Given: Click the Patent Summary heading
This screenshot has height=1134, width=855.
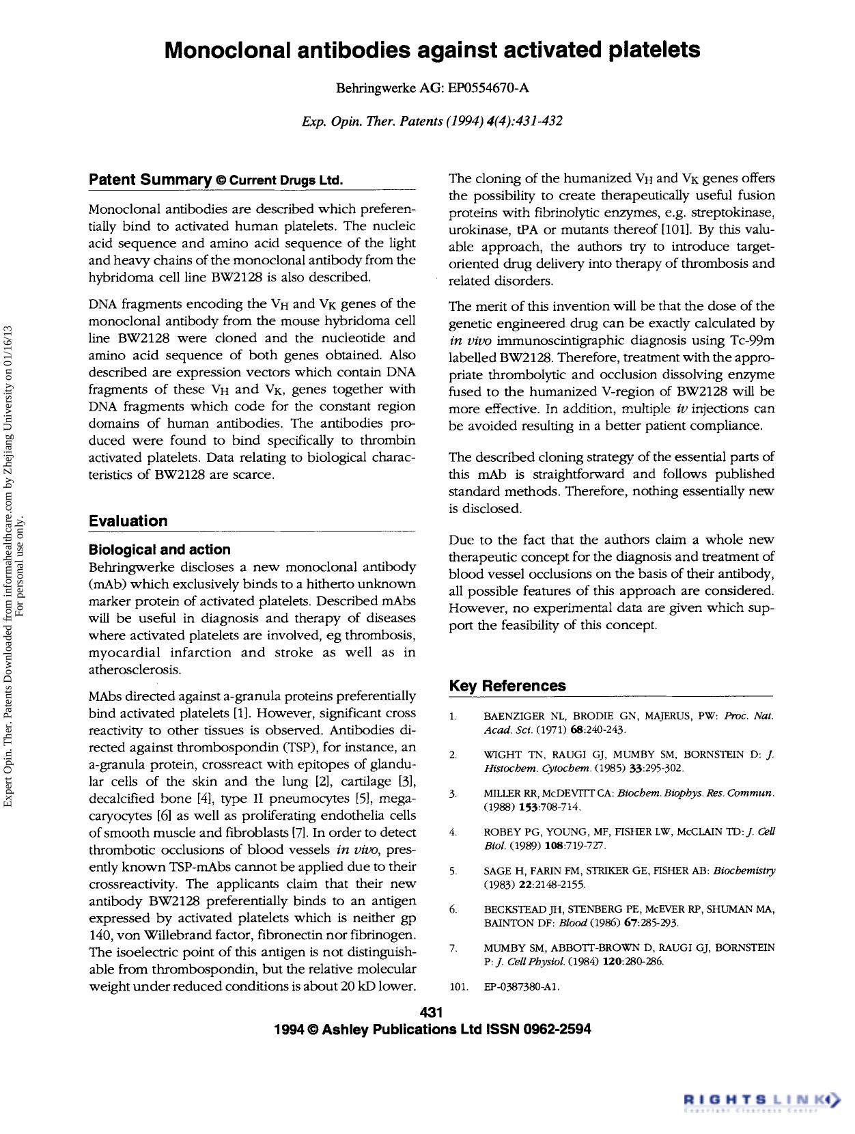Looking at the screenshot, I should (150, 180).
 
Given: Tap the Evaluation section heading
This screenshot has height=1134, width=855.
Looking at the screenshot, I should (128, 521).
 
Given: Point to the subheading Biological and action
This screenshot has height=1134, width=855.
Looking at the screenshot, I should (159, 549).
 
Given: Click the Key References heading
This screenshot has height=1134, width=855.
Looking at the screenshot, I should (507, 686).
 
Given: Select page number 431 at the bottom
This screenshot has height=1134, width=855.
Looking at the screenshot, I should (432, 1012).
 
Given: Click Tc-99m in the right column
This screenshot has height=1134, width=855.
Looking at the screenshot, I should (751, 340).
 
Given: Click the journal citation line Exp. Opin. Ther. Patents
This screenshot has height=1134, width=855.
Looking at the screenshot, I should (432, 121).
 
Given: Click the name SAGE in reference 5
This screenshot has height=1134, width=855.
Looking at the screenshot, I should (497, 871).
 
